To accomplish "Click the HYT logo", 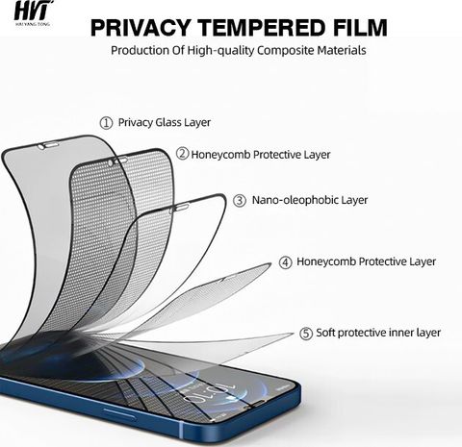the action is tap(33, 12).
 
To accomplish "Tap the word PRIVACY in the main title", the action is tap(140, 28).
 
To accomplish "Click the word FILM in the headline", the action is tap(360, 28).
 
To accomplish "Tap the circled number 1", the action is tap(106, 123).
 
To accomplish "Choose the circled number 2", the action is tap(183, 154).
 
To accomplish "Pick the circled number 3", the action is tap(240, 201).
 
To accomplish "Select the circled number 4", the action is tap(285, 262).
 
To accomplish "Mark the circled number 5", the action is tap(306, 334).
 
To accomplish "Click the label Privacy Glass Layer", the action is tap(165, 122).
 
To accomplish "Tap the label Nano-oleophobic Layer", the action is tap(310, 200).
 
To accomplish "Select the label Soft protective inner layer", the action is tap(378, 333).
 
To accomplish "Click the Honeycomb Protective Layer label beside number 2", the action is tap(261, 155).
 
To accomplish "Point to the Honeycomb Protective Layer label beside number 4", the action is tap(366, 261).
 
